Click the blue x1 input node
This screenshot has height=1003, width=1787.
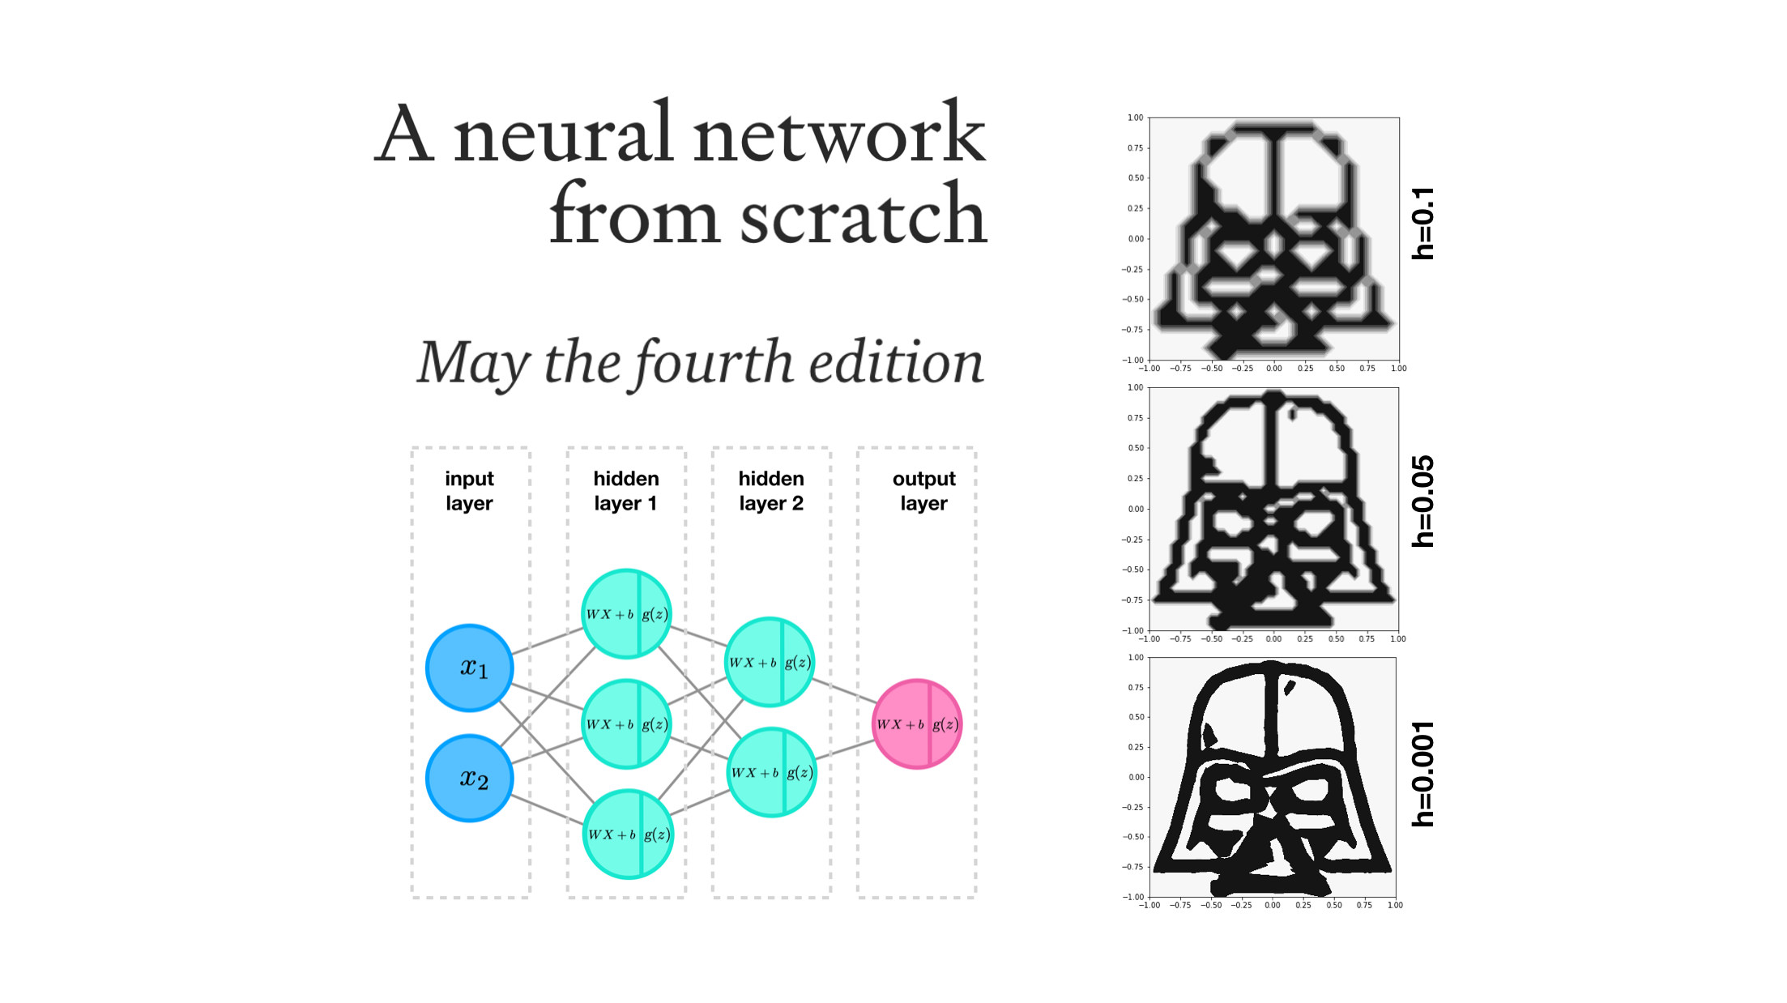pos(470,668)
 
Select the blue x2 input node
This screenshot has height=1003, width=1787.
pos(470,778)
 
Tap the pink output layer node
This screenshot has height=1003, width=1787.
pos(916,723)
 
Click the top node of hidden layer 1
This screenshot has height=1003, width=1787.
pos(626,613)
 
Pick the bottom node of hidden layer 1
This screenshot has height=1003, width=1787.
pos(628,834)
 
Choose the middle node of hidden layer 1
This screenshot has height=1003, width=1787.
pos(626,723)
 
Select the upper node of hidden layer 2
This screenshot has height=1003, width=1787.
pos(769,662)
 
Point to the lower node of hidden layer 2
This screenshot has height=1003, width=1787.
pos(771,772)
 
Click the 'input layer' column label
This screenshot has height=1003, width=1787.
pos(469,491)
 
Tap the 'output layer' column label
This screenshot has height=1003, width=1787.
pos(923,491)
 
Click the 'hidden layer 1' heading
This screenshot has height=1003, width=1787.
pos(625,491)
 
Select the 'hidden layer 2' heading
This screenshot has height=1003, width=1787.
pos(770,491)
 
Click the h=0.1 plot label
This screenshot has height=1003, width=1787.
pos(1422,224)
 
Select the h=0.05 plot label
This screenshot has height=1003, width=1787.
pos(1422,502)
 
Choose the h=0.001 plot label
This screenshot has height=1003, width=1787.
pos(1422,774)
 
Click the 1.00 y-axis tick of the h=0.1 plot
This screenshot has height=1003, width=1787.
pos(1135,118)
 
